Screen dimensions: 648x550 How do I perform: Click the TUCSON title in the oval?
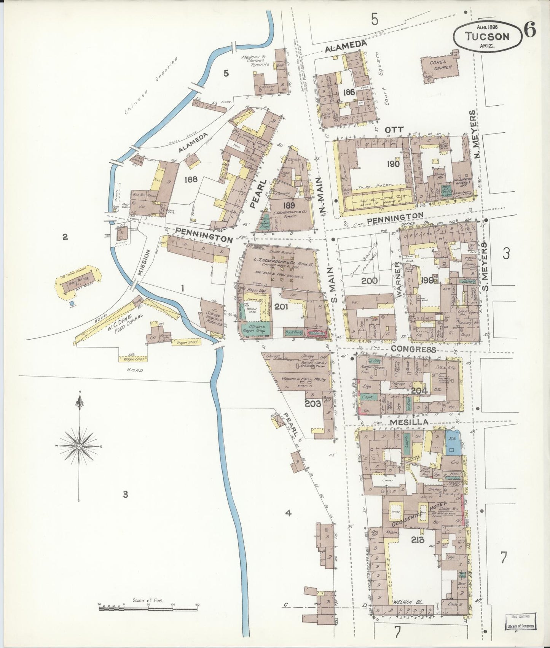coord(487,36)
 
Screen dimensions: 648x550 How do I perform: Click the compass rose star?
coord(79,446)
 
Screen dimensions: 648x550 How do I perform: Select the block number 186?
coord(349,92)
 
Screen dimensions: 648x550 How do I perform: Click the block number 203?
coord(313,404)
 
